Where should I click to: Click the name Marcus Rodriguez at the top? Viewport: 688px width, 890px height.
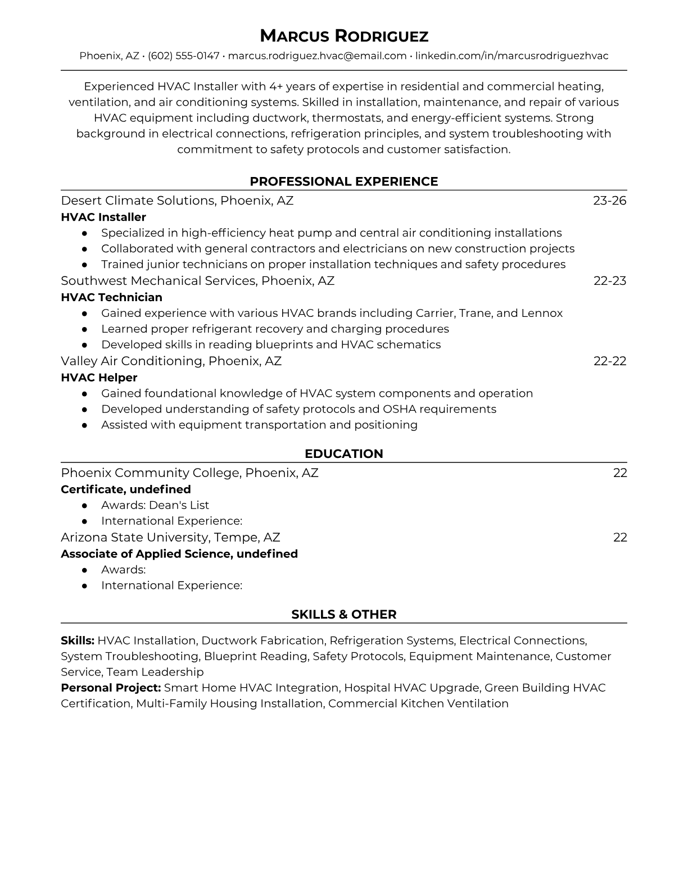point(343,37)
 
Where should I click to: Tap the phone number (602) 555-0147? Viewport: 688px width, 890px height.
point(183,56)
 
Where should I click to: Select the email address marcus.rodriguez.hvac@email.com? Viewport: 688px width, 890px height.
point(317,56)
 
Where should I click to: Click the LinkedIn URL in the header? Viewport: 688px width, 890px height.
point(512,56)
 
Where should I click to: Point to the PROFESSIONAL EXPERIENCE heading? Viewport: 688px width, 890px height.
point(343,181)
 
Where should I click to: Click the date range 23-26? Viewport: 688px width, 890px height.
point(609,201)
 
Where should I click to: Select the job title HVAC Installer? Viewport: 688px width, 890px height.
point(103,217)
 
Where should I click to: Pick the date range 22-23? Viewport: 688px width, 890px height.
point(609,280)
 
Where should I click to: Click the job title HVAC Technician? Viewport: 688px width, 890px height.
point(111,297)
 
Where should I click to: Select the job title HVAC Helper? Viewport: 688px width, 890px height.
point(99,378)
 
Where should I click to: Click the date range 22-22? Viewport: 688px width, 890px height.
point(609,361)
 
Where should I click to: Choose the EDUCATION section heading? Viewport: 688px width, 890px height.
point(343,454)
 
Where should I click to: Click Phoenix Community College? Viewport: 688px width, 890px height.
point(150,473)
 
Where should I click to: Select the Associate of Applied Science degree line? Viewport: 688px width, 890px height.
point(179,554)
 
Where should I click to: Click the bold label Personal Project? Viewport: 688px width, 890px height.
point(111,688)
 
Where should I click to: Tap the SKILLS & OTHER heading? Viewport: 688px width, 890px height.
point(343,615)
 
